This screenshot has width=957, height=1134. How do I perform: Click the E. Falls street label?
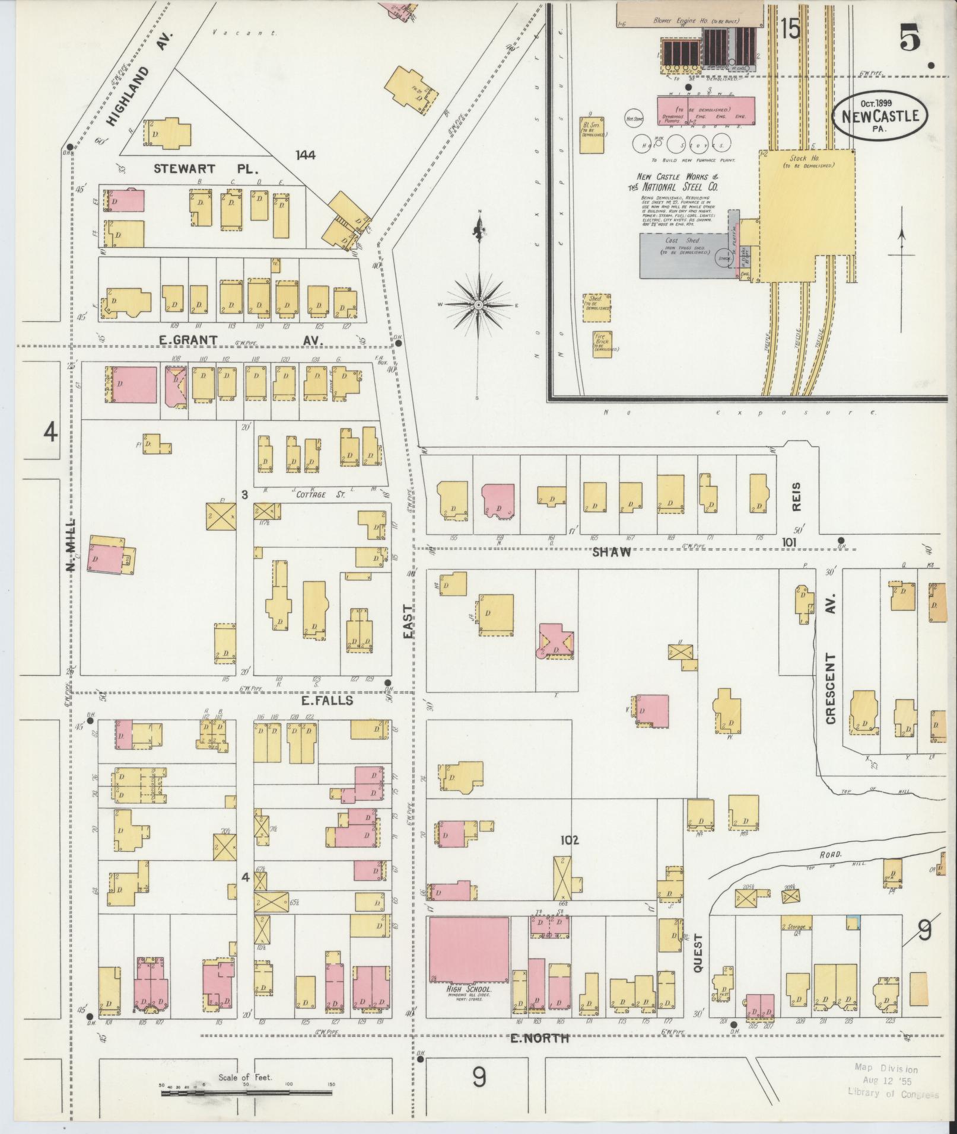(327, 701)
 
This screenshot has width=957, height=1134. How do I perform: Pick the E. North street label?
(539, 1038)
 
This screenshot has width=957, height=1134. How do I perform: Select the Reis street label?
(796, 496)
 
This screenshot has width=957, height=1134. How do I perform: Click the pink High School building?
(469, 951)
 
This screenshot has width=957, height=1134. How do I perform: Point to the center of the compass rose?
(478, 304)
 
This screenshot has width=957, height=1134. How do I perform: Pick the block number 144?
(306, 155)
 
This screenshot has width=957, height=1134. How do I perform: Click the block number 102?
(568, 840)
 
